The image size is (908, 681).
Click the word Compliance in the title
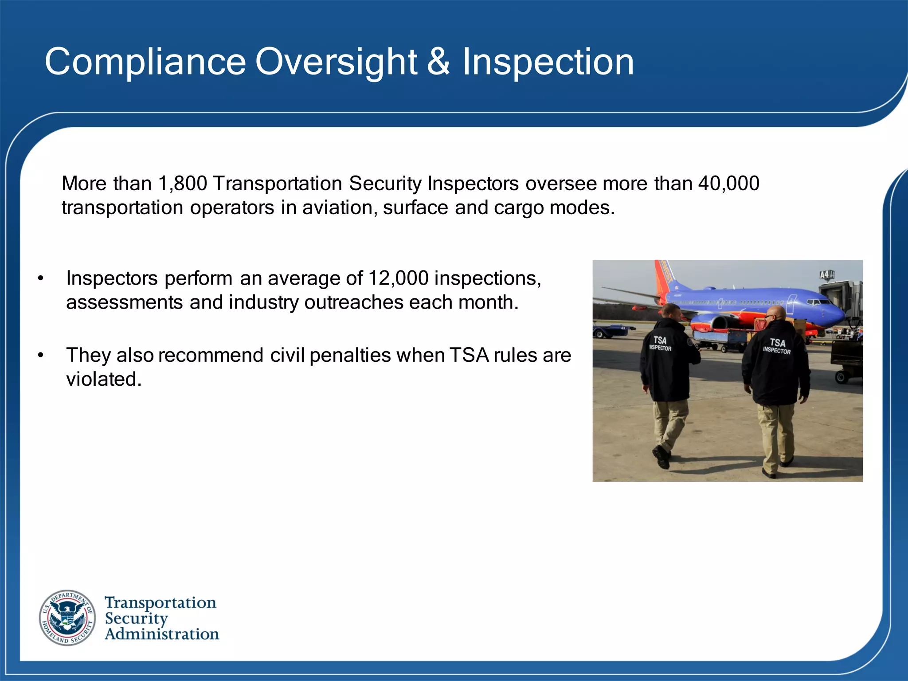click(145, 62)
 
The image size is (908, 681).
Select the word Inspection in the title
click(548, 62)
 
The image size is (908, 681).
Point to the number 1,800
click(183, 184)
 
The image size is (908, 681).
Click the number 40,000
click(728, 184)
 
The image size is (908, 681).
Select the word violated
click(104, 379)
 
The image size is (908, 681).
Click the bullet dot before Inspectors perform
click(41, 279)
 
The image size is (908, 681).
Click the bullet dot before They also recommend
click(41, 356)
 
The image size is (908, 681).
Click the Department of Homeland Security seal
click(67, 618)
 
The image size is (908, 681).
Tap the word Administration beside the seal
click(162, 634)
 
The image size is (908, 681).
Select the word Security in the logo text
click(136, 618)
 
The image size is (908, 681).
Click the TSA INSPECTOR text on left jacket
click(660, 344)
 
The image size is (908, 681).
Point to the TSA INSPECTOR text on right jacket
click(777, 346)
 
